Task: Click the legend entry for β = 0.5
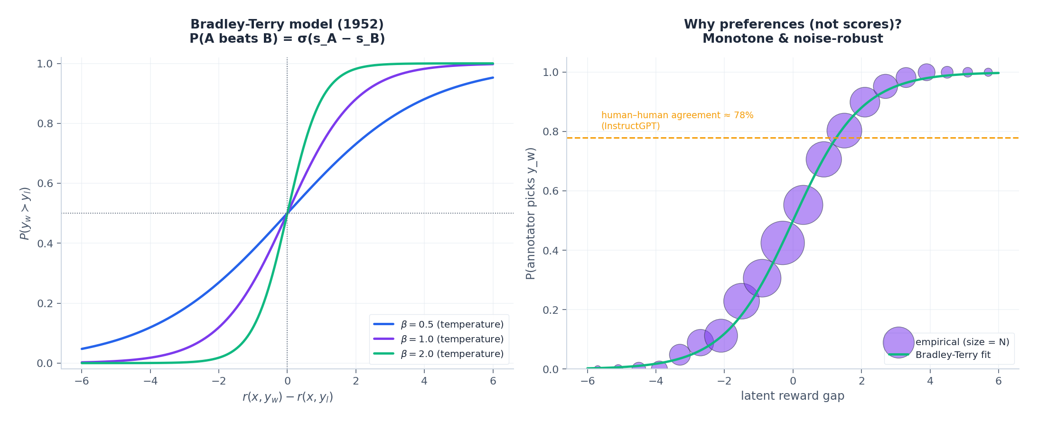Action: coord(439,324)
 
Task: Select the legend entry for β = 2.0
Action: coord(439,354)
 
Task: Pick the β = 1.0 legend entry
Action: coord(439,339)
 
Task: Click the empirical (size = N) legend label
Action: coord(962,342)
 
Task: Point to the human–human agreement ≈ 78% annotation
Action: coord(677,115)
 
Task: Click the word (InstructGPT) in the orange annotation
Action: coord(630,126)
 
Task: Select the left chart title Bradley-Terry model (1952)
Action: coord(287,24)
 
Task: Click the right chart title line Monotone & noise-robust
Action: coord(793,38)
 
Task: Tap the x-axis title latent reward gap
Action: coord(793,396)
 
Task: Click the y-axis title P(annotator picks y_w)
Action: coord(531,213)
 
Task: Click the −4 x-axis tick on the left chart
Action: coord(150,381)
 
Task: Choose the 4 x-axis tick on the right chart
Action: coord(930,381)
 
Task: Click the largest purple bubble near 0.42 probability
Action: coord(782,243)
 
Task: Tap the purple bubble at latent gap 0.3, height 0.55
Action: coord(803,205)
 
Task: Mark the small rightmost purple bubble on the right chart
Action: coord(988,72)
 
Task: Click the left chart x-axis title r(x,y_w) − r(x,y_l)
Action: coord(288,397)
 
